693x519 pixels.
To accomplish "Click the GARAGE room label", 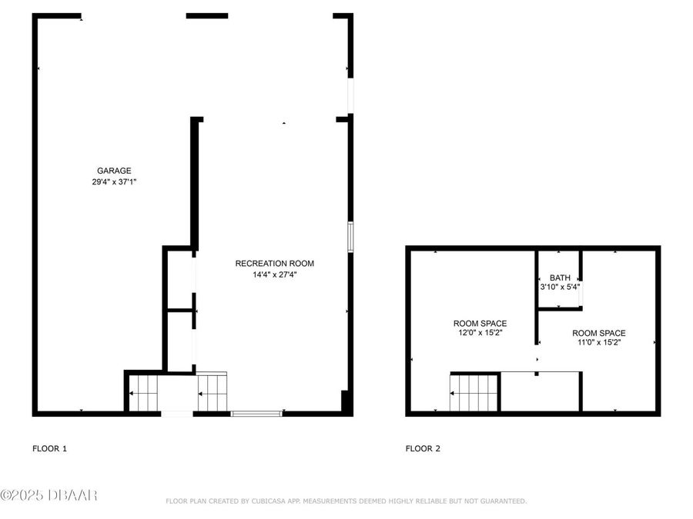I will coord(114,171).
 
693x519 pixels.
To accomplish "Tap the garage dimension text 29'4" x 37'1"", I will coord(114,182).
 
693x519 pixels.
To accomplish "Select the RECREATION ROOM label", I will coord(274,264).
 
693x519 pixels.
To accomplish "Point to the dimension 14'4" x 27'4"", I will coord(274,274).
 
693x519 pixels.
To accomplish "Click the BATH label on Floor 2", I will coord(560,278).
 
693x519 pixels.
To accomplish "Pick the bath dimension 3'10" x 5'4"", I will coord(560,288).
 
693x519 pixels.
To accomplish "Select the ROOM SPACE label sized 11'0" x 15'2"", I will coord(598,333).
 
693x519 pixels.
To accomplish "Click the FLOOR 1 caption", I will coord(49,448).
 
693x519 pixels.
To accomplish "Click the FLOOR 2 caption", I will coord(423,448).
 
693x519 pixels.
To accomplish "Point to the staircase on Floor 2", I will coord(474,392).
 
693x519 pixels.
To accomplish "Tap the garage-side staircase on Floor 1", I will coord(142,392).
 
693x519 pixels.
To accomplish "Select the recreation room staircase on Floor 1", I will coord(213,392).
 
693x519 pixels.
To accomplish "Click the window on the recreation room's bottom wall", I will coord(256,414).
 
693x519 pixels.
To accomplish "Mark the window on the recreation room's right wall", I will coord(350,237).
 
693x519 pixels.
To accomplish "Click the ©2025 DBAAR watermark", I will coord(49,496).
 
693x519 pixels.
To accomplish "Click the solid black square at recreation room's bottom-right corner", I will coord(346,402).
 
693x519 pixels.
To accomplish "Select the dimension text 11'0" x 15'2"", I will coord(598,343).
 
